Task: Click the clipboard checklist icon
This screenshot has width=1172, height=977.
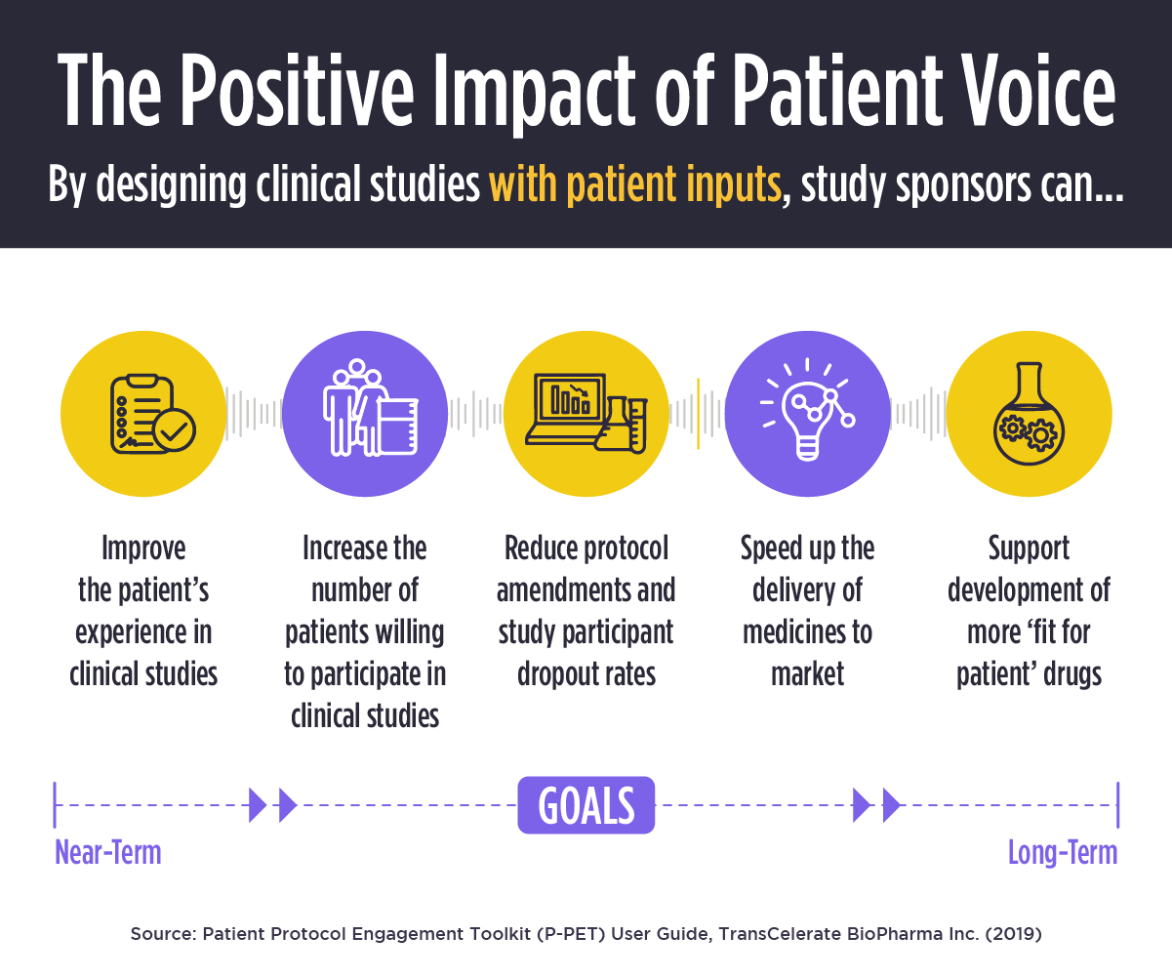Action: (x=143, y=414)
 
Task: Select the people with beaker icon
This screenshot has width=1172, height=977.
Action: (x=365, y=414)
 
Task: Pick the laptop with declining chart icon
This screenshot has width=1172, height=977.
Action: (x=586, y=414)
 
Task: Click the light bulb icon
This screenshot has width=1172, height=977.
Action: (x=808, y=414)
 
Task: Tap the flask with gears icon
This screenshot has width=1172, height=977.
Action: (x=1029, y=414)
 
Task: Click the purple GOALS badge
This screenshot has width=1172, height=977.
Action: (x=586, y=805)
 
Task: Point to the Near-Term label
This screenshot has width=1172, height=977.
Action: (x=107, y=853)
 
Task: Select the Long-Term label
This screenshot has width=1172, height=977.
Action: (x=1062, y=853)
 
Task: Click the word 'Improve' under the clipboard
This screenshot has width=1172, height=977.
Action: (x=143, y=549)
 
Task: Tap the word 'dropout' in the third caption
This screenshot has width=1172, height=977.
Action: (x=554, y=674)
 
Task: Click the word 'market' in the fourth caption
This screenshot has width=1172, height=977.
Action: (x=807, y=674)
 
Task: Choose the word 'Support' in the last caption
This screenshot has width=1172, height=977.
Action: (x=1029, y=549)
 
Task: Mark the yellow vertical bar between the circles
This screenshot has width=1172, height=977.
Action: (x=698, y=414)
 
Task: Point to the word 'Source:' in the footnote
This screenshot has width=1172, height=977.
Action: (x=162, y=934)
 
